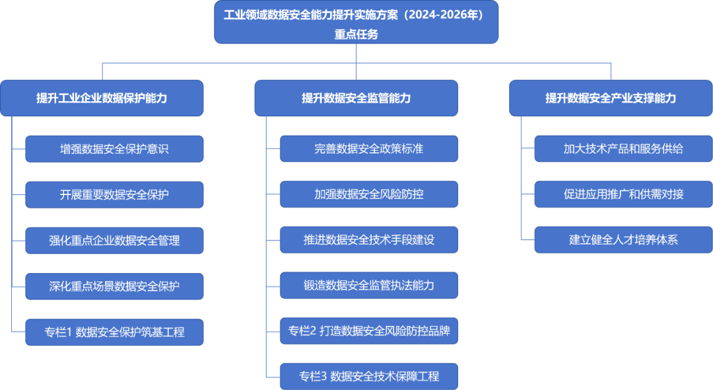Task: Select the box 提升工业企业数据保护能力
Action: (102, 98)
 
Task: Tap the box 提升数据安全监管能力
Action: (356, 98)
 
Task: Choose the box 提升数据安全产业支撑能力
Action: (611, 98)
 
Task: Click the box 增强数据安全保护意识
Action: (114, 149)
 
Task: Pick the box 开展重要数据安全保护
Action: (114, 194)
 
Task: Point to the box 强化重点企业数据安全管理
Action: (114, 240)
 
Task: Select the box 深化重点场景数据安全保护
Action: (114, 286)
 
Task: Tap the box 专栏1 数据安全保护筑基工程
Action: (114, 332)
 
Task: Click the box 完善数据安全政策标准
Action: (369, 149)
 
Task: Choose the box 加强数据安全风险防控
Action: (369, 194)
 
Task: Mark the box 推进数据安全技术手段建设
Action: (369, 240)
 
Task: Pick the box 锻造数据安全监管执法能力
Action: (369, 286)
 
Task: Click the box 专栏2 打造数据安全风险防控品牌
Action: (369, 331)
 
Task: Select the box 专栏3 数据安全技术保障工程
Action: (369, 376)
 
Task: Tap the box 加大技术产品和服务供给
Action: (623, 149)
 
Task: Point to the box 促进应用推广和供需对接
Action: (623, 194)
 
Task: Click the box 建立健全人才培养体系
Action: (623, 240)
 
